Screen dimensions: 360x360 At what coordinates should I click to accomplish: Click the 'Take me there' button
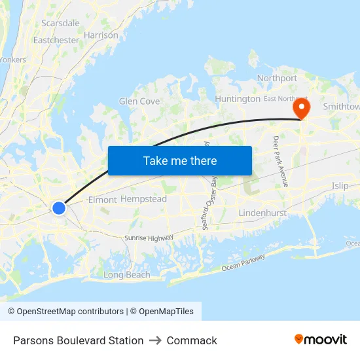click(180, 160)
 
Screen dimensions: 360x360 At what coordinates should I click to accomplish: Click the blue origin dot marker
click(59, 208)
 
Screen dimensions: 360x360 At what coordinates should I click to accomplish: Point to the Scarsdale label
click(60, 23)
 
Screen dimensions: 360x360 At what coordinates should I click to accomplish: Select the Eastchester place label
click(56, 40)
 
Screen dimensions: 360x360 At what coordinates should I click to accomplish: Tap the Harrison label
click(101, 35)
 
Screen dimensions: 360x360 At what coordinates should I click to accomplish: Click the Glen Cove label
click(139, 101)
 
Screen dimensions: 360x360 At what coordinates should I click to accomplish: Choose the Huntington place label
click(238, 99)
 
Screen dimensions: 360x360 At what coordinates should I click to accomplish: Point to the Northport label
click(277, 78)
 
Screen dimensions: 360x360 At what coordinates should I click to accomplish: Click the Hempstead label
click(144, 199)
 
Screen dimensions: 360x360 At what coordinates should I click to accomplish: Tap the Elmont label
click(102, 200)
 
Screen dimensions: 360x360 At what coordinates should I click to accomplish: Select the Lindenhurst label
click(262, 213)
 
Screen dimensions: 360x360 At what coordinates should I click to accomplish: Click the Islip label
click(340, 186)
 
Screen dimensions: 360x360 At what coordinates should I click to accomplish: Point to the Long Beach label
click(127, 275)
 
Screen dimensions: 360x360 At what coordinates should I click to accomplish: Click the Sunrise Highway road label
click(149, 238)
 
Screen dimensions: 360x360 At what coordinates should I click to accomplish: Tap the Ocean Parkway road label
click(243, 262)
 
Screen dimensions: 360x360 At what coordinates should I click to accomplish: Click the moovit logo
click(321, 340)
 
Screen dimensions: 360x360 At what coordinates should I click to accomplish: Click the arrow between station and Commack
click(155, 340)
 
